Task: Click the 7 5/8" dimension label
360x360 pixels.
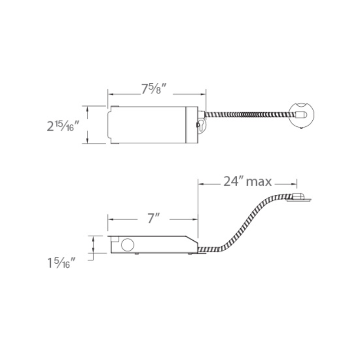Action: point(153,89)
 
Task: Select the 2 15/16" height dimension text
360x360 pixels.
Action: point(63,126)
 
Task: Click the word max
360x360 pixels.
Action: point(259,182)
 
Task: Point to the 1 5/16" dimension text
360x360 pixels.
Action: point(61,263)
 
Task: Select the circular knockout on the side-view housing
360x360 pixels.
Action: point(127,244)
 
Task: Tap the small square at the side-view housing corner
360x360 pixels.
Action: point(115,239)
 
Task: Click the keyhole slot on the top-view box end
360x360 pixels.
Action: point(201,125)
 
